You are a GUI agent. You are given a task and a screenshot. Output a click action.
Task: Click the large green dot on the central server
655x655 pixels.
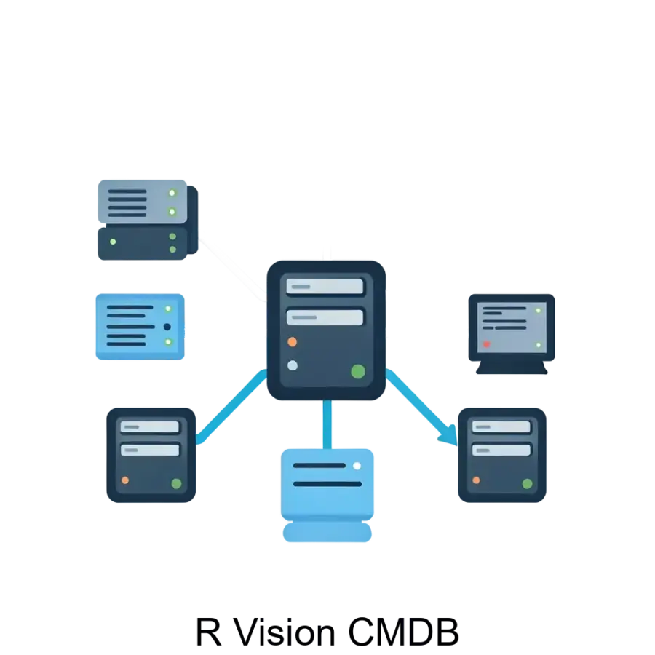[x=358, y=371]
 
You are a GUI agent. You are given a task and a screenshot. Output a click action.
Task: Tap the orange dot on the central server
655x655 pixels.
[x=293, y=341]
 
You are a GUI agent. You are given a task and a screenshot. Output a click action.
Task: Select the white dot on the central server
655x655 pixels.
[x=293, y=365]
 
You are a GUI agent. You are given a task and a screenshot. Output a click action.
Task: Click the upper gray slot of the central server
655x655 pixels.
[x=325, y=286]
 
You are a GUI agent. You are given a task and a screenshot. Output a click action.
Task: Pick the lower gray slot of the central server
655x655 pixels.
[x=325, y=317]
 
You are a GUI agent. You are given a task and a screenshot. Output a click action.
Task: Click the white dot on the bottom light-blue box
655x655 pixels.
[x=357, y=466]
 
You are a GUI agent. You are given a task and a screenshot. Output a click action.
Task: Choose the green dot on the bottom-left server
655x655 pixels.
[x=176, y=483]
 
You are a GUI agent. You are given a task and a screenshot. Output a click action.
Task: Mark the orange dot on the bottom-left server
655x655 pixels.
[x=125, y=480]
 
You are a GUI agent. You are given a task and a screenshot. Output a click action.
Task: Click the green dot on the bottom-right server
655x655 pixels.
[x=527, y=483]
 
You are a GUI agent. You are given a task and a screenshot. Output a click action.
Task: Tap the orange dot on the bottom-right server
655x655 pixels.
[x=476, y=480]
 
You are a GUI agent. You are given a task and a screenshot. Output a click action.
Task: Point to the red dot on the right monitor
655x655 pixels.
[x=487, y=344]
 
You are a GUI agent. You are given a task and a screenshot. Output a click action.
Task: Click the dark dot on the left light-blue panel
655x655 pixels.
[x=167, y=327]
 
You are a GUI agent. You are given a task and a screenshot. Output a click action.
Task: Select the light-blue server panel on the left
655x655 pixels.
[x=140, y=326]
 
